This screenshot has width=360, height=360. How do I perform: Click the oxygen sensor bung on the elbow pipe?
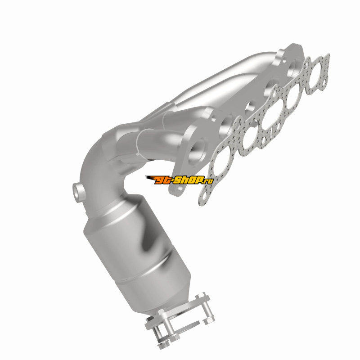click(78, 193)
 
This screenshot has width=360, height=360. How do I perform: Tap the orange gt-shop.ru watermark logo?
click(179, 180)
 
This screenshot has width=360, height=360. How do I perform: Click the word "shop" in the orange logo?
click(191, 180)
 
